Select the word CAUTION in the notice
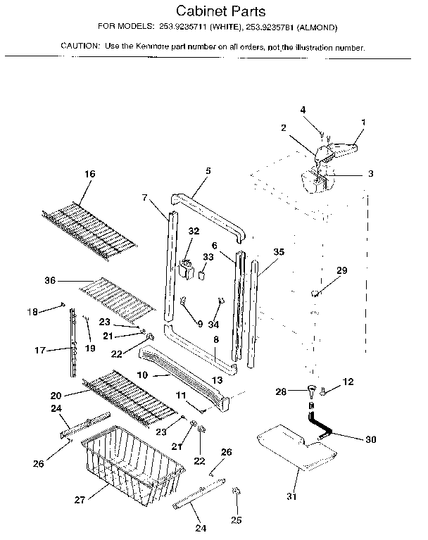point(79,47)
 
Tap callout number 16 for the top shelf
point(89,173)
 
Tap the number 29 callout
point(341,270)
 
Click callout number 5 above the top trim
point(208,170)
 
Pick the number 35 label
point(279,251)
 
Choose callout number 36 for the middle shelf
point(49,281)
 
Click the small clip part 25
point(236,490)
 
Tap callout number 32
point(193,231)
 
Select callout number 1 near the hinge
point(363,122)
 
